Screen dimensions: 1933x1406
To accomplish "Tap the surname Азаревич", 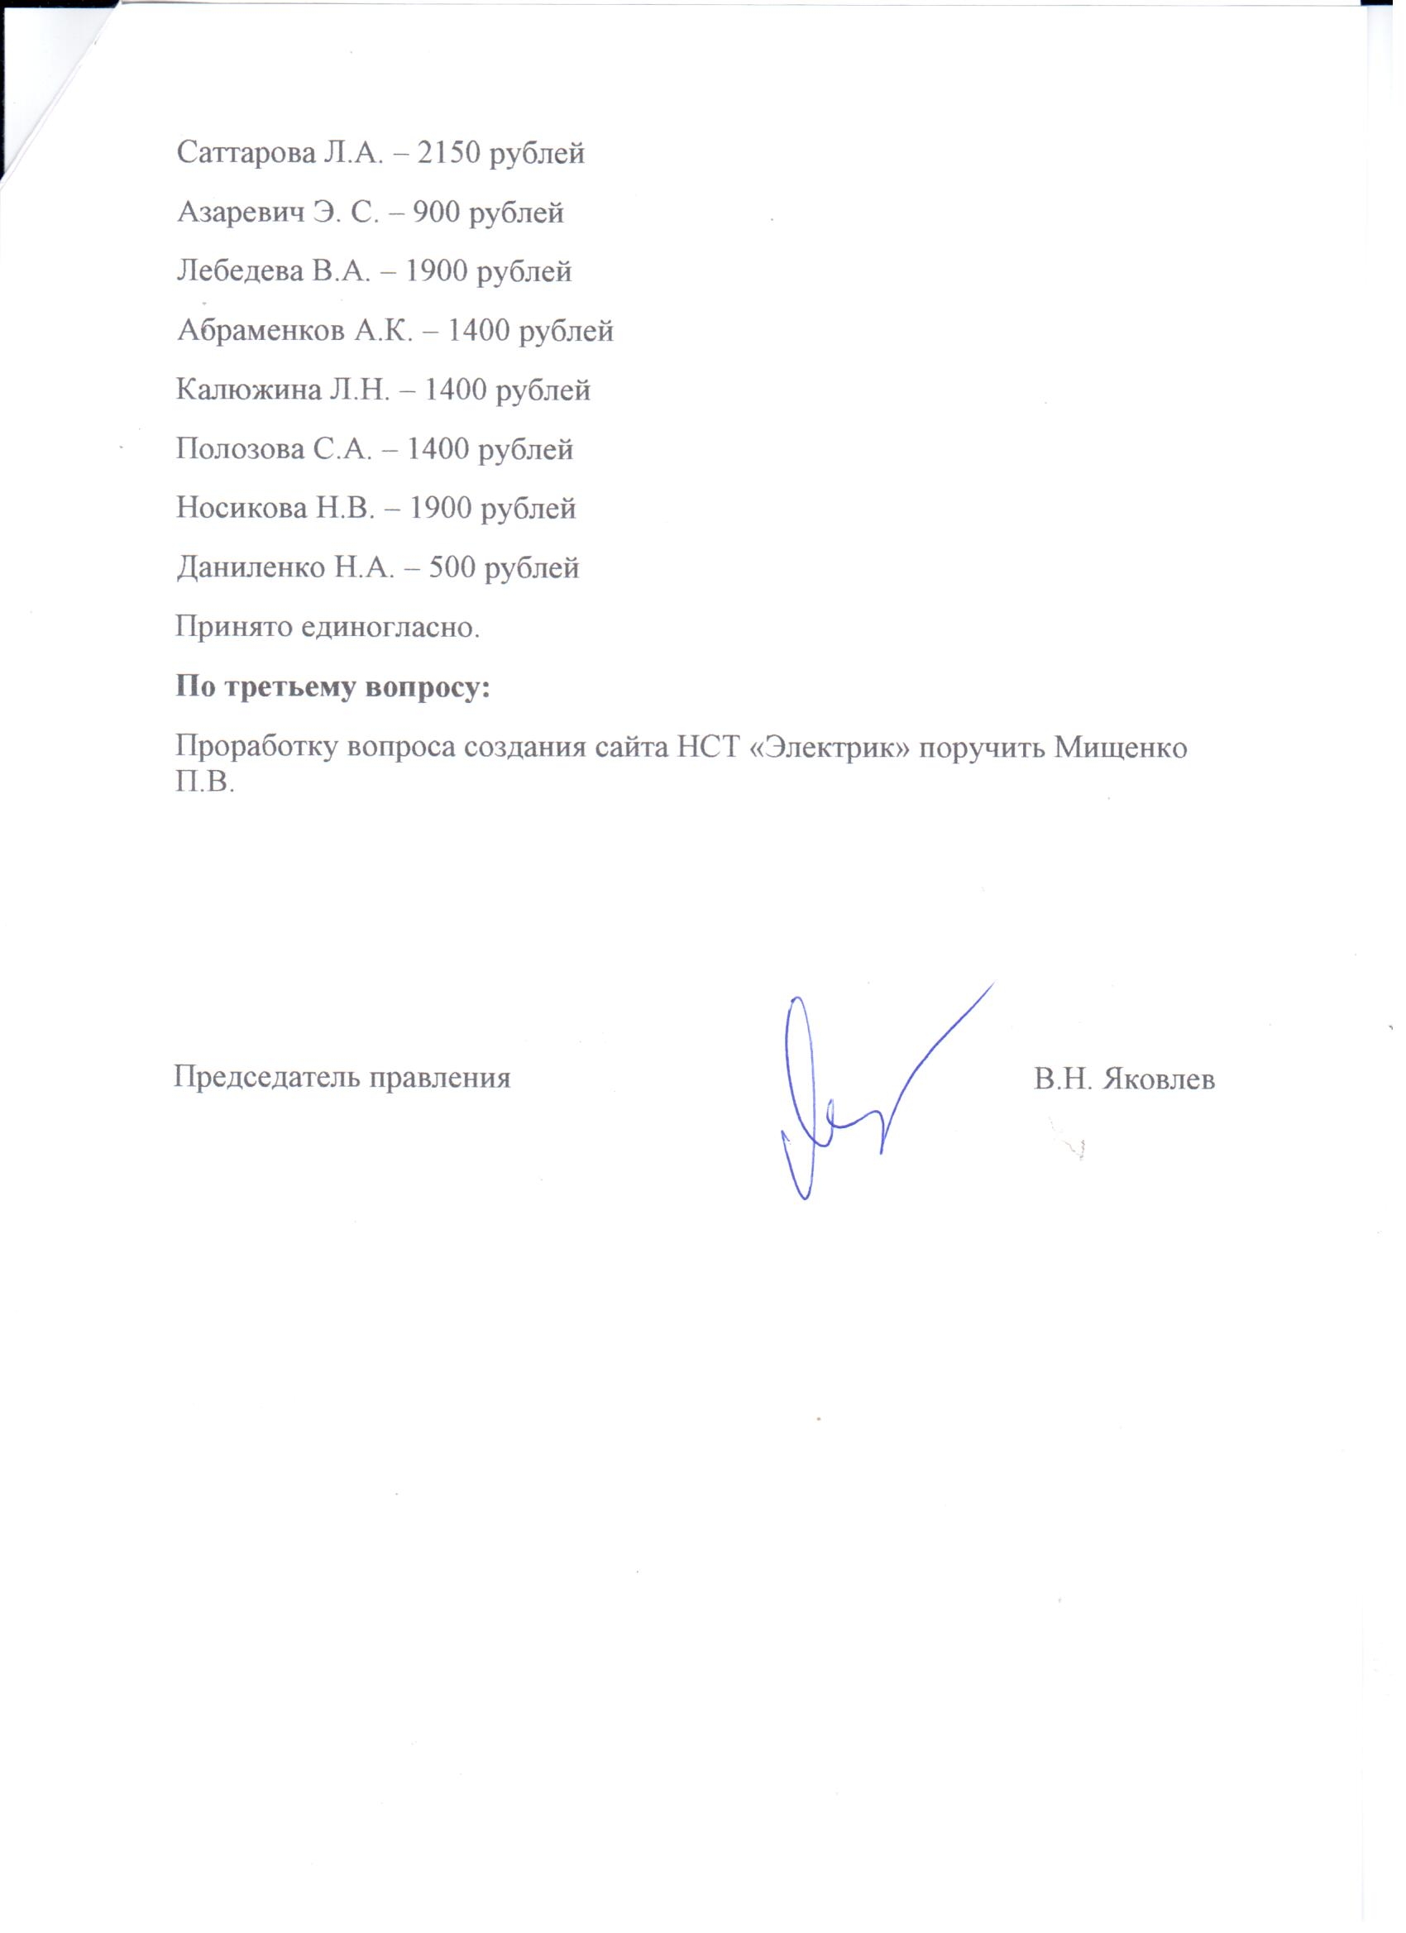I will pos(241,213).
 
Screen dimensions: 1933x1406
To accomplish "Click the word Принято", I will pos(230,627).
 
